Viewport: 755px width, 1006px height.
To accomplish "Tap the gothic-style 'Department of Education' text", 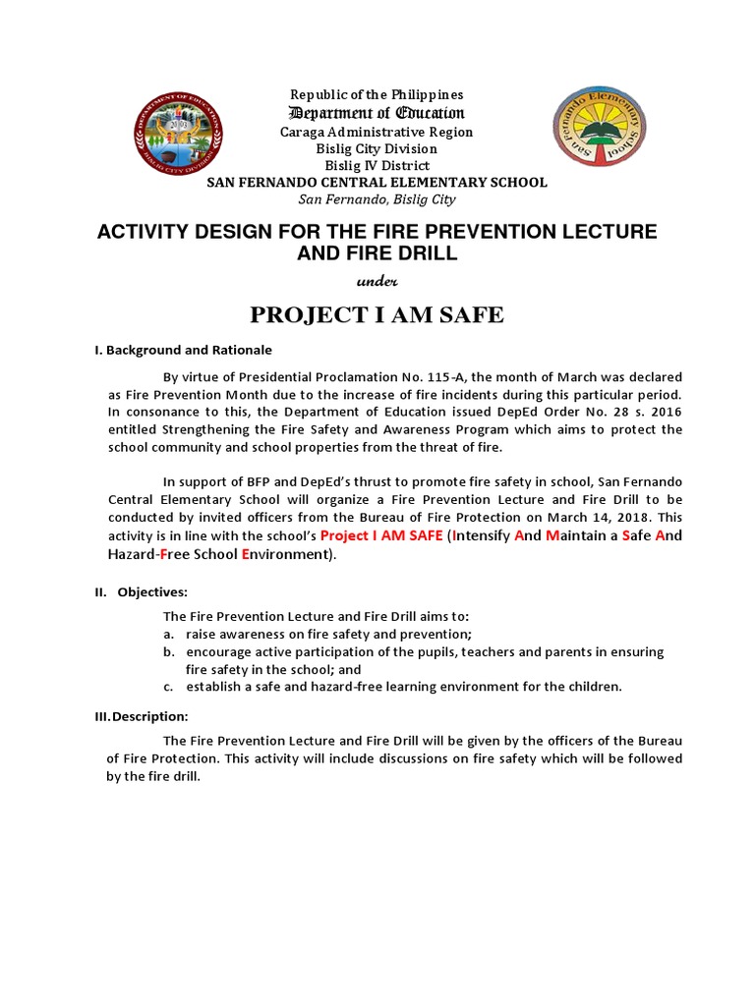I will (x=376, y=113).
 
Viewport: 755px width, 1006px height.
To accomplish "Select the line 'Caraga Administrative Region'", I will (x=377, y=132).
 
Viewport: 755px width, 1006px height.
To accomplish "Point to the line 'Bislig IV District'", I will (x=377, y=165).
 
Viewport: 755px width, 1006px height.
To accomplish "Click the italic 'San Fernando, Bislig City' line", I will (x=377, y=199).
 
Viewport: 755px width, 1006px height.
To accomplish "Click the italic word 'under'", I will (x=376, y=280).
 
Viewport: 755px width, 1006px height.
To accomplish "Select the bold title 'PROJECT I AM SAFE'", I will (x=377, y=314).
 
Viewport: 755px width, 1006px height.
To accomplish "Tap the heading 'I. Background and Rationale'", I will (x=190, y=350).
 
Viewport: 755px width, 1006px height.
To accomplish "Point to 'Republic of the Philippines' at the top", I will (x=377, y=95).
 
